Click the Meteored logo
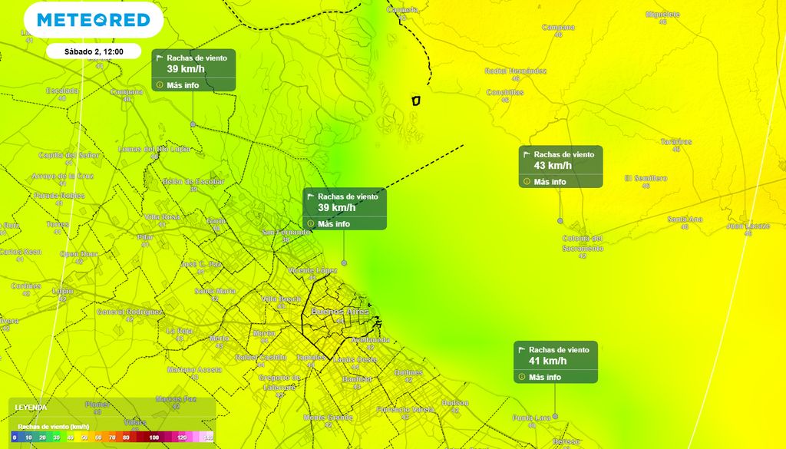(x=94, y=20)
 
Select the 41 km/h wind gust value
(x=548, y=361)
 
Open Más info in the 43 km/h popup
(x=550, y=182)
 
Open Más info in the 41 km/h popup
(x=545, y=377)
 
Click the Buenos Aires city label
(x=341, y=312)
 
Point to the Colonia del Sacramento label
(x=583, y=243)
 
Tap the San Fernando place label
(x=286, y=232)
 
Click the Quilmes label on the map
(x=408, y=372)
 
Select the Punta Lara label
(x=532, y=418)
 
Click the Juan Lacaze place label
(x=748, y=226)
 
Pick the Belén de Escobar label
(x=193, y=181)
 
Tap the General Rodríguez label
(x=130, y=312)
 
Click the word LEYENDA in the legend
(x=31, y=408)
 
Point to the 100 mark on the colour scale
(x=154, y=437)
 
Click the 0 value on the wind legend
(x=14, y=437)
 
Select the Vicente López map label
(x=312, y=271)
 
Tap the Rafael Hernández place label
(x=516, y=71)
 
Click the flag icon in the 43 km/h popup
(x=527, y=154)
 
